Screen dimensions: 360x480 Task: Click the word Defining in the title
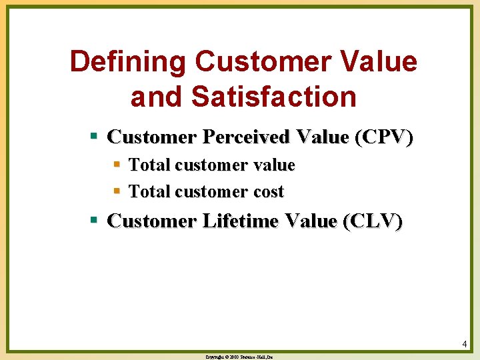(x=127, y=62)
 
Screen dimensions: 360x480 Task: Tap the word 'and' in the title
(x=157, y=97)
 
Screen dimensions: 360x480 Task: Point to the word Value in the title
(x=381, y=62)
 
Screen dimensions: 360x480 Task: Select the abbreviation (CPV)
(x=384, y=137)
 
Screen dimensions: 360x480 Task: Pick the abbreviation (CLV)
(x=373, y=221)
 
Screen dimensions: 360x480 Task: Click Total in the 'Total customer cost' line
(x=149, y=192)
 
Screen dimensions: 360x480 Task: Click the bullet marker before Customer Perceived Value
(x=95, y=137)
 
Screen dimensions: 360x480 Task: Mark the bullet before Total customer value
(x=117, y=164)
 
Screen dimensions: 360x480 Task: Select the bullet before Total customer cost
(x=117, y=191)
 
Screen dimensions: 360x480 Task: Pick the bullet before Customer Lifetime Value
(x=95, y=220)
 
